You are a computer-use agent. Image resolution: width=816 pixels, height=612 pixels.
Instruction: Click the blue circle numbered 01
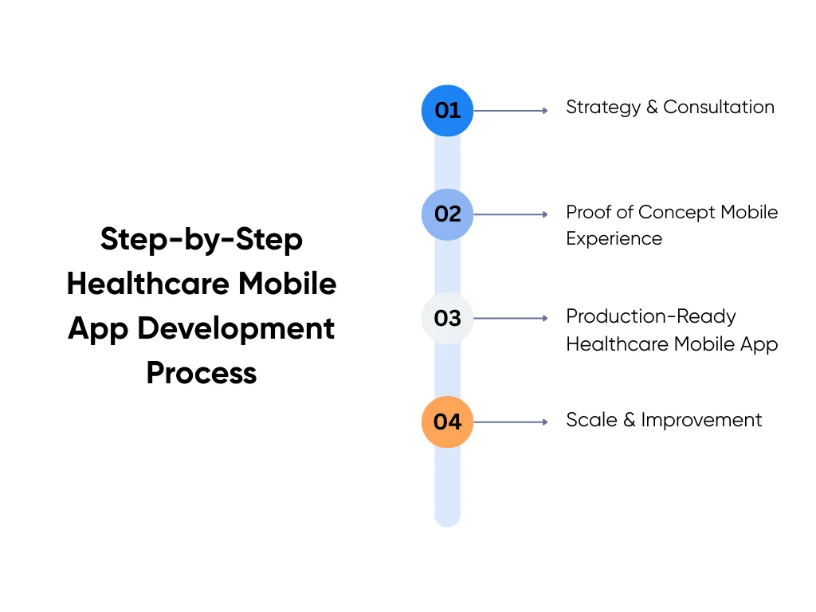tap(447, 111)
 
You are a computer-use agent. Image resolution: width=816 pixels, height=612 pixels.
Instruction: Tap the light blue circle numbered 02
tap(447, 214)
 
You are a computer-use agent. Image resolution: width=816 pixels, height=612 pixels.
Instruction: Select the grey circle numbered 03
tap(447, 318)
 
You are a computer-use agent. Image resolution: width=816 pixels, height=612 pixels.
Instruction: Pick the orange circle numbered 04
tap(447, 422)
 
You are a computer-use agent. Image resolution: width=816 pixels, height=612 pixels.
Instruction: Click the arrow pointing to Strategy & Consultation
tap(510, 111)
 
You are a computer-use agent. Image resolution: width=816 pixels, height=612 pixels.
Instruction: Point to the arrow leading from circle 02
tap(510, 214)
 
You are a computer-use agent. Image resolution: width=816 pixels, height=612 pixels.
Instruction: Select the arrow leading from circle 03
tap(510, 318)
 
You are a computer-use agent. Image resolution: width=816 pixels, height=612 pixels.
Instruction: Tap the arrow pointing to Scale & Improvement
tap(510, 422)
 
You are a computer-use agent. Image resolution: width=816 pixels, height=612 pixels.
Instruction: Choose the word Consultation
tap(719, 108)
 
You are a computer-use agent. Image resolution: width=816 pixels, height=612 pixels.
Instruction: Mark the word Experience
tap(614, 238)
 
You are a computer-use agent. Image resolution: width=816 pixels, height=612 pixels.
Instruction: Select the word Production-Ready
tap(651, 316)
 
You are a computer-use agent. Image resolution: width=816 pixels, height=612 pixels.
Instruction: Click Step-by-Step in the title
tap(202, 239)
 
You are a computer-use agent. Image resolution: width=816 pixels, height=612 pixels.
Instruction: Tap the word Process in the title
tap(202, 373)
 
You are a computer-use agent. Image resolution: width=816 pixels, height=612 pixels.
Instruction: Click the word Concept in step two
tap(677, 212)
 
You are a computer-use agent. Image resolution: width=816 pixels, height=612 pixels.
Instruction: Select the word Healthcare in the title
tap(146, 284)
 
